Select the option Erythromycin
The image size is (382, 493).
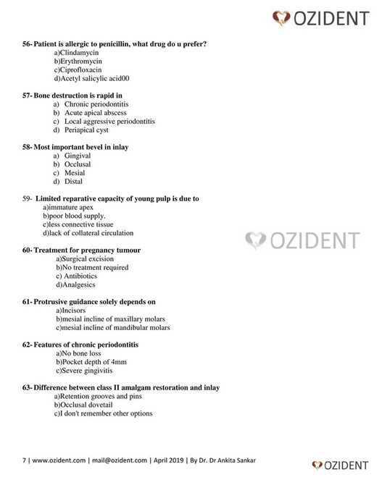[x=80, y=62]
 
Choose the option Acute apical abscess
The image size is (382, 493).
[x=95, y=113]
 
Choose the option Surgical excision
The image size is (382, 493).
[x=85, y=258]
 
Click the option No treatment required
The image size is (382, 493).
[x=92, y=267]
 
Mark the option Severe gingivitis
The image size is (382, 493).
[x=86, y=370]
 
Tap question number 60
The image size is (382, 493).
[x=28, y=250]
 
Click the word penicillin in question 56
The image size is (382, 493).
[x=117, y=45]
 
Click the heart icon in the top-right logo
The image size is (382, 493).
[x=282, y=17]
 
